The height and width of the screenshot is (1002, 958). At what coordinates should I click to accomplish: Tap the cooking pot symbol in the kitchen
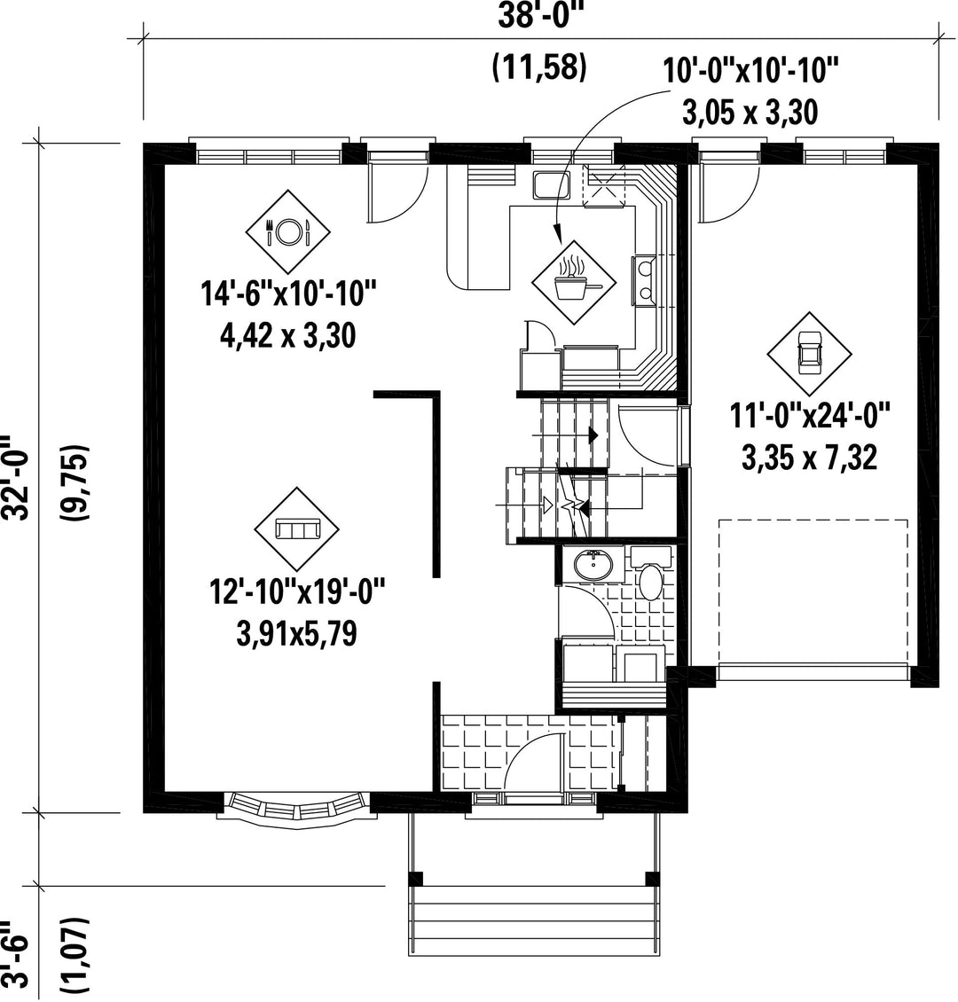tap(575, 281)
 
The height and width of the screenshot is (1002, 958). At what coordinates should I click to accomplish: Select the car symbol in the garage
tap(809, 354)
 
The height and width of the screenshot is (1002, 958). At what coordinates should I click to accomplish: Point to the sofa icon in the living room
tap(296, 529)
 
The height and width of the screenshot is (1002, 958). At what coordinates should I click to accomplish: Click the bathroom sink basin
tap(593, 564)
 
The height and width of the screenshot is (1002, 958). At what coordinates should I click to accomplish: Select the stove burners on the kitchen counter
tap(644, 279)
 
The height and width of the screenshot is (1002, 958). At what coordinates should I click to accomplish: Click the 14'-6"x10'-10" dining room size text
tap(289, 294)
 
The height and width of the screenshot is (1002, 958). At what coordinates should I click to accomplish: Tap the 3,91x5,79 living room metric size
tap(296, 634)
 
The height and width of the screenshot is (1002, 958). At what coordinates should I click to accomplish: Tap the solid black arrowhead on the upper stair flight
tap(593, 435)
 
